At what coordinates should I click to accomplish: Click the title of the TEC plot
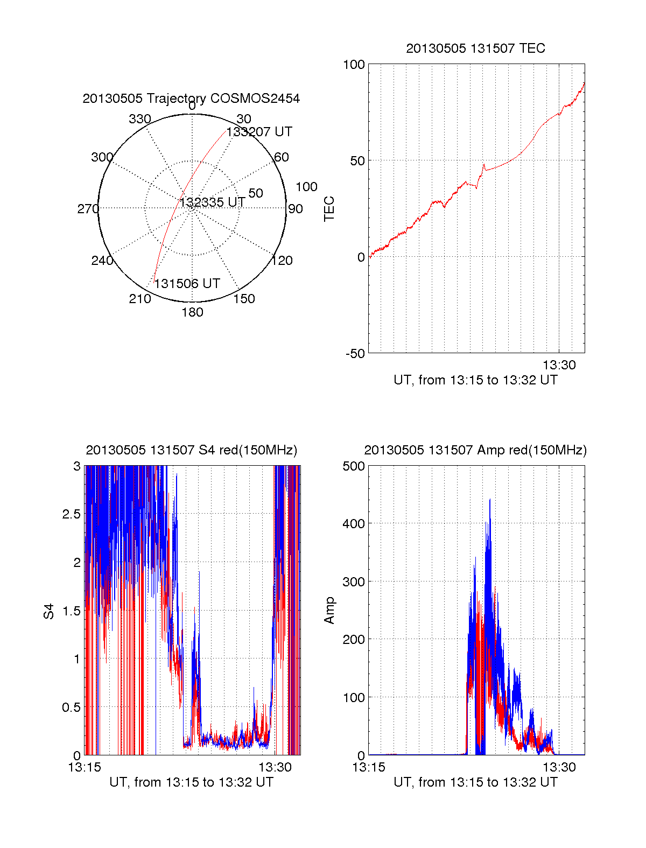[475, 48]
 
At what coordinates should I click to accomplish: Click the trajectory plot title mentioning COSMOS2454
[191, 99]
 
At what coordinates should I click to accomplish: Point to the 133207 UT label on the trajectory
[259, 132]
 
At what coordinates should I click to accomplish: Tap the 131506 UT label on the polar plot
[187, 283]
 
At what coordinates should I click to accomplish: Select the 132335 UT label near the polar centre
[213, 202]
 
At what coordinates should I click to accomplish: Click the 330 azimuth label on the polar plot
[139, 119]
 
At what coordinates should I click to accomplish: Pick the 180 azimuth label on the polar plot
[192, 312]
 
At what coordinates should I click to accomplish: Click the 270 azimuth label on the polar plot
[88, 209]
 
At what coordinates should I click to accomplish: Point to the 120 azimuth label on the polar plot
[282, 261]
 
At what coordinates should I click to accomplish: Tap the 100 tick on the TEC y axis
[354, 65]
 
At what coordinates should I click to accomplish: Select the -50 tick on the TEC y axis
[355, 354]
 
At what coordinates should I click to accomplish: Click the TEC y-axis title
[329, 209]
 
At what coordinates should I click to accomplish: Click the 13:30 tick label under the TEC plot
[559, 365]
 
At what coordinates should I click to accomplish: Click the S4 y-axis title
[49, 611]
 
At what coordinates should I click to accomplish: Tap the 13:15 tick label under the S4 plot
[85, 767]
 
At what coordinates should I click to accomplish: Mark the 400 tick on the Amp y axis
[354, 523]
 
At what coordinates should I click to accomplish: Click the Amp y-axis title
[329, 610]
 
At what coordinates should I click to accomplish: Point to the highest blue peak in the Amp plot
[490, 500]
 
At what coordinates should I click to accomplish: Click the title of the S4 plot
[191, 450]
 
